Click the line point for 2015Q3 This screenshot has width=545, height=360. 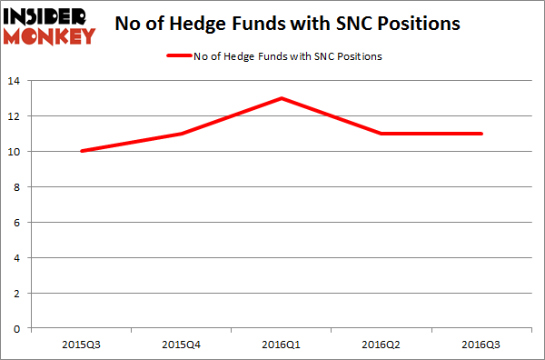[83, 151]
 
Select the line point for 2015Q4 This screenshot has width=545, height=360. [183, 134]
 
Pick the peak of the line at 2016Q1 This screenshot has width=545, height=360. [282, 98]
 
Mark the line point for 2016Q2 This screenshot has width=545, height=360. [381, 134]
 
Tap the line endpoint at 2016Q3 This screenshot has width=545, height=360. [481, 134]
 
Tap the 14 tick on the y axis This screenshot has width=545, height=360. [17, 81]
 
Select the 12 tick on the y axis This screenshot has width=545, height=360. [17, 116]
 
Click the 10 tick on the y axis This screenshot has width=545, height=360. [17, 151]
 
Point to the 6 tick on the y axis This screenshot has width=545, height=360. [20, 222]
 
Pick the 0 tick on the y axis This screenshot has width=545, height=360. [20, 327]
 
